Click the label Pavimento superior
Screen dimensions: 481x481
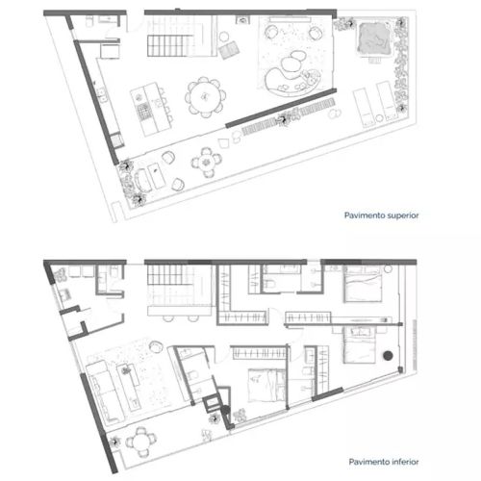click(381, 215)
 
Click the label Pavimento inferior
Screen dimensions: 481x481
click(384, 462)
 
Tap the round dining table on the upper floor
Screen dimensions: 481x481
click(205, 96)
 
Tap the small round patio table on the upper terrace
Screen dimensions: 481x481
click(206, 163)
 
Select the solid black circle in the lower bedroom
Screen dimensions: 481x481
click(388, 355)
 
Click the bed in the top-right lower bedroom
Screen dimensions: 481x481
click(363, 284)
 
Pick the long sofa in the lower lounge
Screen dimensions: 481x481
click(105, 392)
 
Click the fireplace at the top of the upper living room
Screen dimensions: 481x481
click(242, 20)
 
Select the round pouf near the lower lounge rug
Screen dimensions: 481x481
click(156, 346)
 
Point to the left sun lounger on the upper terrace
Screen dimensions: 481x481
click(364, 107)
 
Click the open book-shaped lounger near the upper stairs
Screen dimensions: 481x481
click(229, 50)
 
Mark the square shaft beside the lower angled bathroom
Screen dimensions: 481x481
click(211, 404)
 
